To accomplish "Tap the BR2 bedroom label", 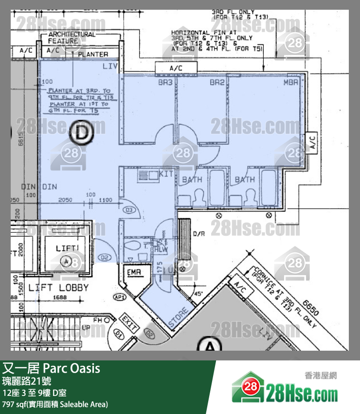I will click(216, 83).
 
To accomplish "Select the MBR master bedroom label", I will click(290, 83).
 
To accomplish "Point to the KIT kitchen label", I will click(166, 174).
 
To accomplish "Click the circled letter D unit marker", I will click(81, 133).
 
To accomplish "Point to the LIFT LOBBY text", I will click(58, 287).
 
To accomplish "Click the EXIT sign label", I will click(128, 323).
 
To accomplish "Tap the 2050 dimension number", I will click(65, 200).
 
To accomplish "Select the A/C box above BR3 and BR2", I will click(176, 69).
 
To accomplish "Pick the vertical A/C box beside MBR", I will click(312, 142).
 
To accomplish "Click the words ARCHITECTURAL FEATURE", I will click(72, 38).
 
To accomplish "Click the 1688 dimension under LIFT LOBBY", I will click(60, 298).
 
